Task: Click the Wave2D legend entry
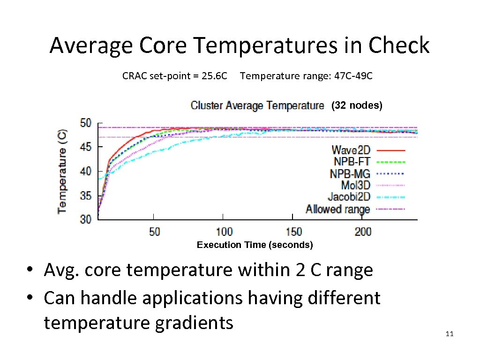click(x=351, y=150)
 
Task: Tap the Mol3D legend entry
click(x=355, y=185)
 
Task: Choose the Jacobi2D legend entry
click(x=349, y=197)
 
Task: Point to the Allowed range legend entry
click(x=338, y=209)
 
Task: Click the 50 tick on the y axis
click(x=86, y=123)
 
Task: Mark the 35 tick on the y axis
click(x=86, y=195)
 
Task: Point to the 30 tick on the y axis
click(x=86, y=219)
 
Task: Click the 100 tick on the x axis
click(x=224, y=232)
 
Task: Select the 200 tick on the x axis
click(x=363, y=232)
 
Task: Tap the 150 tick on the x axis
click(x=293, y=232)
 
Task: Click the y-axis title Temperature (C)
click(x=62, y=171)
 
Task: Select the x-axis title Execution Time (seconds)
click(x=255, y=245)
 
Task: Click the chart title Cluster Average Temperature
click(x=257, y=105)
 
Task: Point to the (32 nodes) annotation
click(x=357, y=105)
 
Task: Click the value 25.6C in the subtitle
click(x=214, y=76)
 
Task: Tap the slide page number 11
click(x=450, y=334)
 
